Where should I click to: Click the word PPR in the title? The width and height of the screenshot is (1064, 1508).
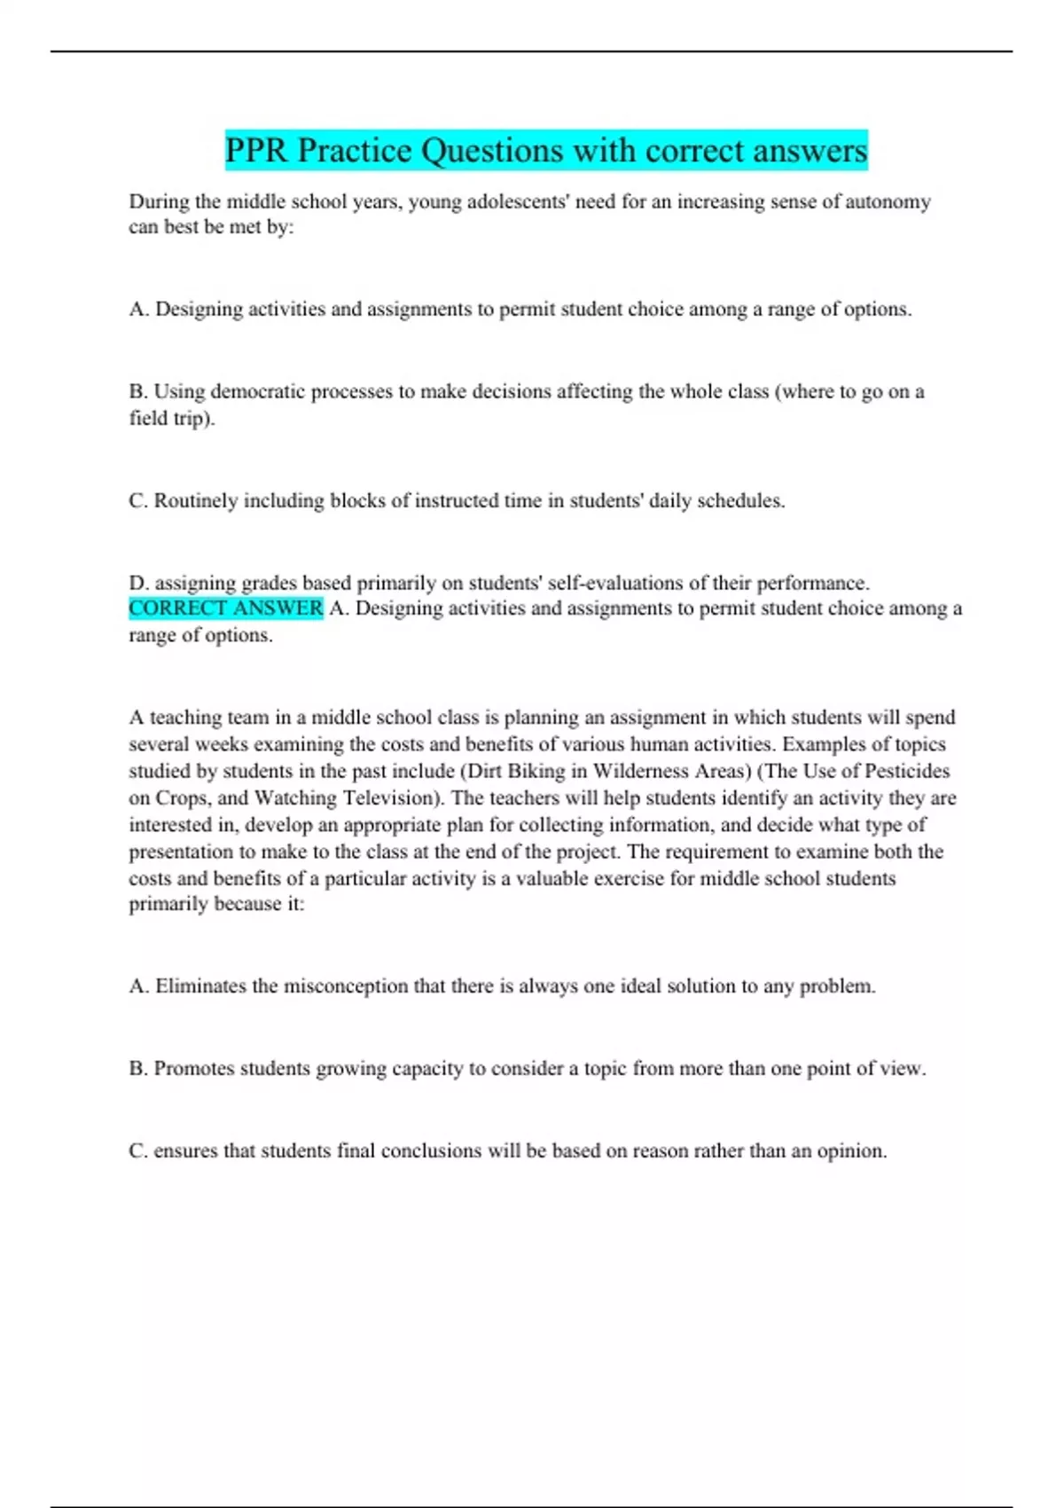pyautogui.click(x=256, y=151)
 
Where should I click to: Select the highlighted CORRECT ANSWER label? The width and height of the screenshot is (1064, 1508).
pyautogui.click(x=226, y=609)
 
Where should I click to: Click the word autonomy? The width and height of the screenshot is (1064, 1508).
pyautogui.click(x=888, y=201)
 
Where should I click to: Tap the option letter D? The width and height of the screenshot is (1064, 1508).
pyautogui.click(x=137, y=583)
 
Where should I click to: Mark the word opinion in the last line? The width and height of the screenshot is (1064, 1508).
pyautogui.click(x=850, y=1151)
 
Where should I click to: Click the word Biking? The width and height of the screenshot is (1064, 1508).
pyautogui.click(x=536, y=771)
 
